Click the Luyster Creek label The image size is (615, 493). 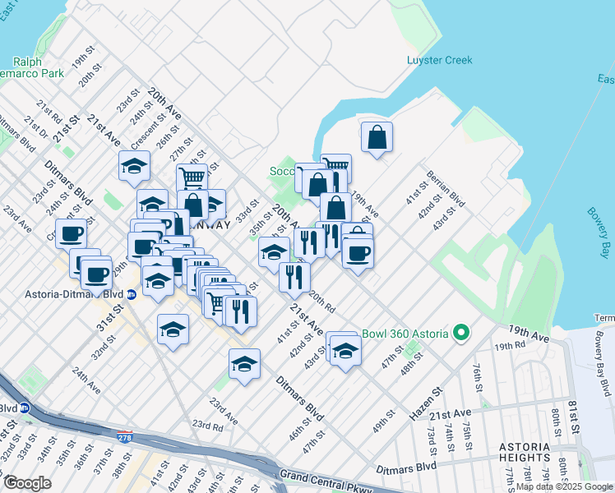tap(440, 59)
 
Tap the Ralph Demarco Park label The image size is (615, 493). tap(39, 67)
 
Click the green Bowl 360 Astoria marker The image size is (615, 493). tap(461, 333)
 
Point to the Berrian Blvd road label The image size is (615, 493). tap(446, 190)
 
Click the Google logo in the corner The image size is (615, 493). tap(27, 483)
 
